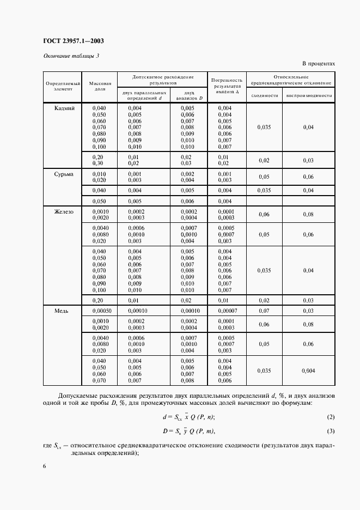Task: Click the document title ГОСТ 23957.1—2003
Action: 73,41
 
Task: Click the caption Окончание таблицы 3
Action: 71,56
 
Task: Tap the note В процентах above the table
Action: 318,64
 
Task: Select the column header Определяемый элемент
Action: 62,86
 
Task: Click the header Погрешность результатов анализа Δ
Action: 228,86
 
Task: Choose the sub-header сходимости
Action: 265,95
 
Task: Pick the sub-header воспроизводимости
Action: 309,95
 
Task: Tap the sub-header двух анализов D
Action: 190,95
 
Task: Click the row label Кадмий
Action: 64,108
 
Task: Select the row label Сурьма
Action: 64,174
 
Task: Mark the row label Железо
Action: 64,211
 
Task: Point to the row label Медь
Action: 62,311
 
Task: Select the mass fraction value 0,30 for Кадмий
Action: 99,163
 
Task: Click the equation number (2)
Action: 330,417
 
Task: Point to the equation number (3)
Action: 330,432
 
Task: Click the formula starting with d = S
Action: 188,417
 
